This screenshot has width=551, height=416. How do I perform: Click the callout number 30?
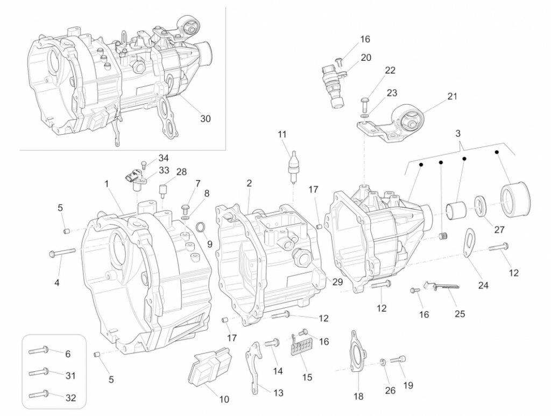[x=205, y=119]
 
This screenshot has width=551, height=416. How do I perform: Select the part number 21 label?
[x=452, y=96]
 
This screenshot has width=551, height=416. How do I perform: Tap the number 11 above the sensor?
[x=282, y=134]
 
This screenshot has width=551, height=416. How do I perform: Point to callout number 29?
[x=337, y=282]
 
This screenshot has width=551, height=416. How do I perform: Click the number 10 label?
[x=224, y=399]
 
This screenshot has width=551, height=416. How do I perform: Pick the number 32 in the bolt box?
[x=70, y=398]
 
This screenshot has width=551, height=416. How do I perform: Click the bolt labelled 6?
[x=39, y=350]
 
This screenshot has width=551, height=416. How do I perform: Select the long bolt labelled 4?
[x=63, y=252]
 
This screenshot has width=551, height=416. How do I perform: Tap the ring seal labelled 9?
[x=201, y=227]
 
